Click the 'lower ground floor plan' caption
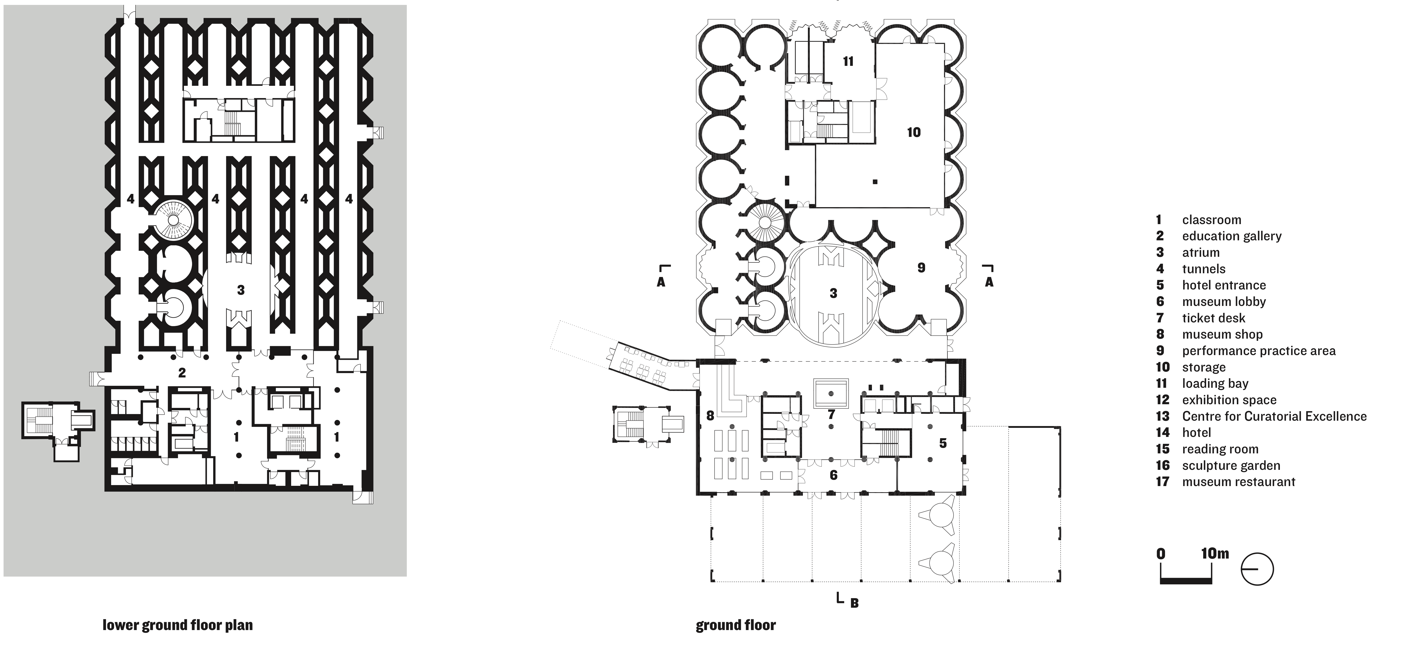178,625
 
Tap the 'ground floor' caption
736,625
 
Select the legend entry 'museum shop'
1222,334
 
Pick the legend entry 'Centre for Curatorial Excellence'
1274,416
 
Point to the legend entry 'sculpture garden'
1231,465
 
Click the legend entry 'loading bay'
1215,383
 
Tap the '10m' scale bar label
1215,554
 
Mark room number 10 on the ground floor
914,132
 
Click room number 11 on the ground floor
848,61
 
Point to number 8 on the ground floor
710,416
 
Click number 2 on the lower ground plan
182,373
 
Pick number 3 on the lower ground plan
241,290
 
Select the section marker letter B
855,603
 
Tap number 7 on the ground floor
831,415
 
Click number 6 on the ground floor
834,475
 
